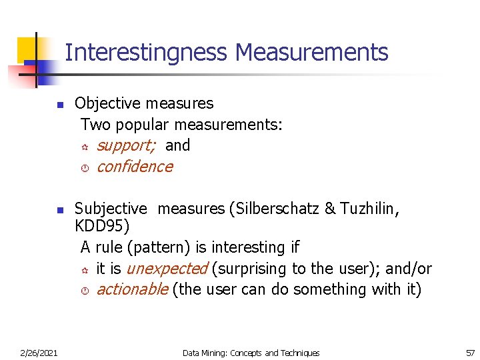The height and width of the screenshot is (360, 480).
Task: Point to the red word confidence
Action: coord(134,167)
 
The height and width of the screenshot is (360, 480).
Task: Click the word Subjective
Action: coord(109,209)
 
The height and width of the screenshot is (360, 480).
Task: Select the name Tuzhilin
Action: coord(369,209)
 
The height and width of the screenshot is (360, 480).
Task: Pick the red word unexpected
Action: coord(167,269)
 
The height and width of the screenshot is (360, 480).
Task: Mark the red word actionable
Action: coord(132,289)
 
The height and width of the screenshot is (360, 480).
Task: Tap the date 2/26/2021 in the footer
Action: coord(39,353)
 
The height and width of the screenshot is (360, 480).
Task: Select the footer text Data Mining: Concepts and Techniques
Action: coord(251,353)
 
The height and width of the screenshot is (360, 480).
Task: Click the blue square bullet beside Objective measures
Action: coord(59,105)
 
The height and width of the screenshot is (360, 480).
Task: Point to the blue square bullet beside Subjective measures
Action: coord(59,211)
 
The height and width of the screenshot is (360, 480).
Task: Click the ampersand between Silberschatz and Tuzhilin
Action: coord(329,209)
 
